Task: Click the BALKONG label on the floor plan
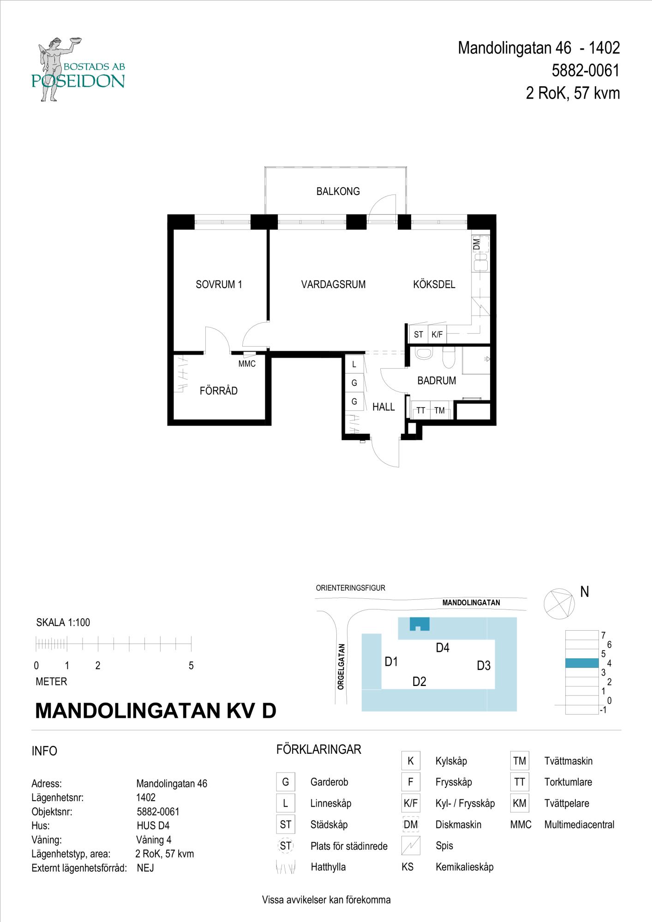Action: (338, 191)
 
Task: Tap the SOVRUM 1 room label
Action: (219, 284)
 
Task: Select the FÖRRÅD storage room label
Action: (218, 390)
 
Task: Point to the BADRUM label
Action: (437, 381)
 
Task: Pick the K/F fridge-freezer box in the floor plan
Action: (437, 334)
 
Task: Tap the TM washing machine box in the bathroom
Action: (439, 410)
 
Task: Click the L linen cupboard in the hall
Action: (354, 364)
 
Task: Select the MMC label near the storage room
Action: (247, 364)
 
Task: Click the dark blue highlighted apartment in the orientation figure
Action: (420, 623)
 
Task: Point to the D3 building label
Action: (484, 666)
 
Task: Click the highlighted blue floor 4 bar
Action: (582, 663)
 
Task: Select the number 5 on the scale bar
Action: (191, 666)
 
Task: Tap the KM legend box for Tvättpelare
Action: (520, 803)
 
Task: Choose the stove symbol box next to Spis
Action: (411, 845)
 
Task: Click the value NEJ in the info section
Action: (145, 868)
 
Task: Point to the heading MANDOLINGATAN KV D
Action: (156, 710)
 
